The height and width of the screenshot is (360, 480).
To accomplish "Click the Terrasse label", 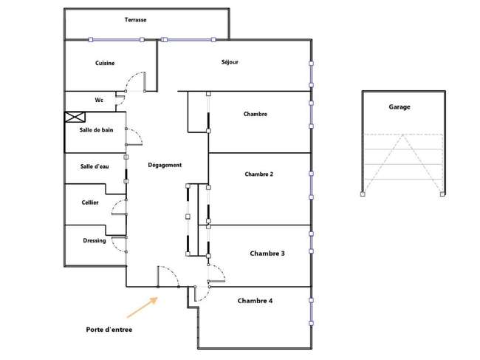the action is [x=135, y=20].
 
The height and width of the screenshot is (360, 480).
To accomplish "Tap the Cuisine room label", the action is [x=105, y=63].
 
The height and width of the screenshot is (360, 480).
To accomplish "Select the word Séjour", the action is [x=230, y=62].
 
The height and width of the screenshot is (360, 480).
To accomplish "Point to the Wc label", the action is [x=99, y=100].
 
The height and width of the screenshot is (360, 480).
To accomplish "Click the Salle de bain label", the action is [x=96, y=130].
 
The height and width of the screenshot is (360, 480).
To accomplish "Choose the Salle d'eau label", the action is [x=95, y=166].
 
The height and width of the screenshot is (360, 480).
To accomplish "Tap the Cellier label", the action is [x=90, y=203].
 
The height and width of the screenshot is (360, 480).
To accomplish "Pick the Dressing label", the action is [x=95, y=241].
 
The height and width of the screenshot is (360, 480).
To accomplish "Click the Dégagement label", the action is [x=165, y=165].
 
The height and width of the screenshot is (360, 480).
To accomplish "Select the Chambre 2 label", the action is [x=258, y=174].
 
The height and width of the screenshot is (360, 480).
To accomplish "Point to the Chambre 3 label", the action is [x=267, y=254].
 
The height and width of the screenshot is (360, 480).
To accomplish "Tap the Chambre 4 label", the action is [x=255, y=301].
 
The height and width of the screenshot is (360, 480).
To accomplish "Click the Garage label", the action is [x=400, y=107].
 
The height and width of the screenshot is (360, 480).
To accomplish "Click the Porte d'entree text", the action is [x=109, y=330].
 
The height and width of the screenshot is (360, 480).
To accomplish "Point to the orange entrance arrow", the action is [x=143, y=308].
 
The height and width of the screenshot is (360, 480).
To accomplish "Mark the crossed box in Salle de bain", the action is [x=75, y=117].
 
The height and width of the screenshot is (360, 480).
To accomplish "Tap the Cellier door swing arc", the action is [x=114, y=205].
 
